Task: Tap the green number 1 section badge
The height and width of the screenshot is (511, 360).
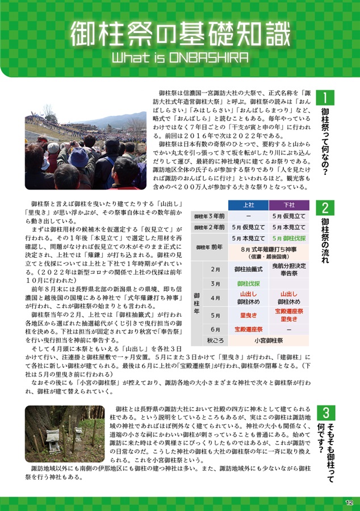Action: click(x=325, y=99)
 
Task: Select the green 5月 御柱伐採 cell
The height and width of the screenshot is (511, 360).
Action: click(x=288, y=238)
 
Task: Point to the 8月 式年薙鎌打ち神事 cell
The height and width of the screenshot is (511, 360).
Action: click(x=268, y=252)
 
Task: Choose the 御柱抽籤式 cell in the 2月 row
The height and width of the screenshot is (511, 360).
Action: click(x=248, y=269)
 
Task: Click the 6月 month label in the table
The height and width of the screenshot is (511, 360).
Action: click(x=215, y=329)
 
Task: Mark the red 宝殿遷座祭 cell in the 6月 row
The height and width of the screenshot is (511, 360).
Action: click(x=248, y=329)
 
